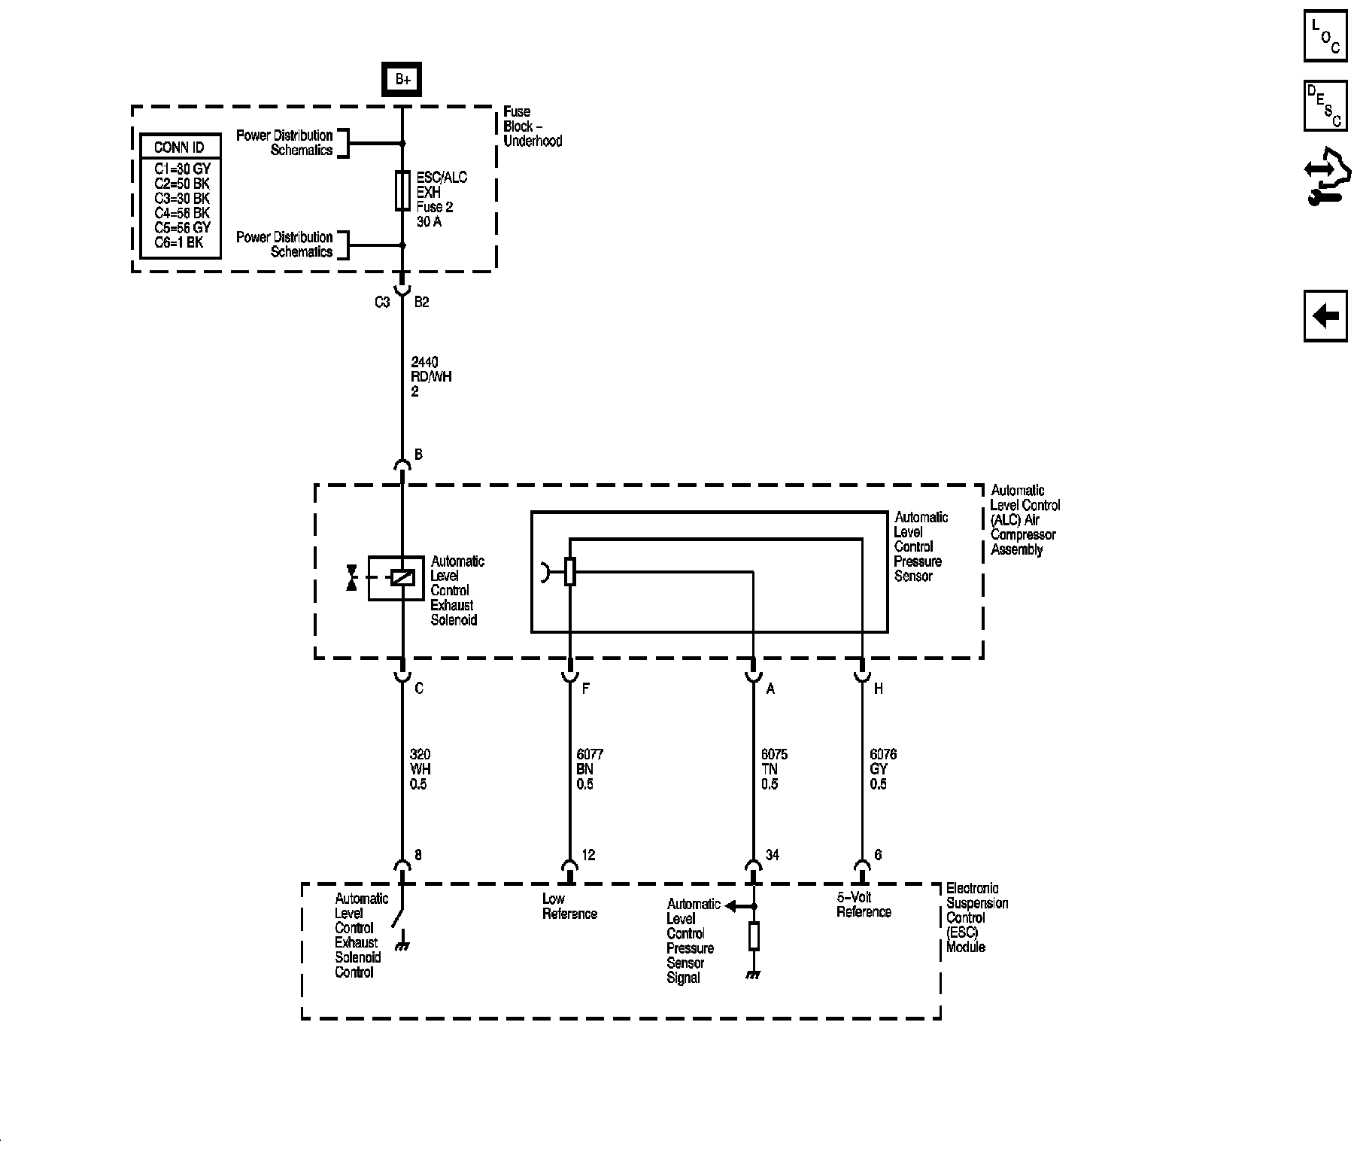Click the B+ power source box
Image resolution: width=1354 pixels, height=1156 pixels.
pyautogui.click(x=402, y=80)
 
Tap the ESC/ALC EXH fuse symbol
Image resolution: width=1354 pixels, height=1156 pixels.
pyautogui.click(x=402, y=191)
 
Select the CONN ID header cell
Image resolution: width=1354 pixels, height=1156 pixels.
pyautogui.click(x=179, y=147)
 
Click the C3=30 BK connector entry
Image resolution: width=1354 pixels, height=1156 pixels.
pyautogui.click(x=182, y=199)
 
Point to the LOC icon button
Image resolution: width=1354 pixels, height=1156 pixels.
pyautogui.click(x=1325, y=35)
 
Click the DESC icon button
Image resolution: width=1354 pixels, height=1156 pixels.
pyautogui.click(x=1325, y=106)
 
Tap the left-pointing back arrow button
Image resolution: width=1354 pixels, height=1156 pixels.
pyautogui.click(x=1325, y=316)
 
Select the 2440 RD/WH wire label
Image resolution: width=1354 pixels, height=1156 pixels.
pyautogui.click(x=431, y=377)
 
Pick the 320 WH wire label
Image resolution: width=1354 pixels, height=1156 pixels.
pyautogui.click(x=420, y=769)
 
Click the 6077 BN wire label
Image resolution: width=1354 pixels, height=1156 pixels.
pyautogui.click(x=589, y=769)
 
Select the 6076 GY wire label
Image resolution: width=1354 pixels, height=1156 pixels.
pyautogui.click(x=882, y=769)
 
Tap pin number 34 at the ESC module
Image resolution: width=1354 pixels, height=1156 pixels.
pyautogui.click(x=772, y=855)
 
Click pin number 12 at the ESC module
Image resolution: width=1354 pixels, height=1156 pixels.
pyautogui.click(x=588, y=855)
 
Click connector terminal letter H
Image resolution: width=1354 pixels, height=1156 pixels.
pyautogui.click(x=878, y=689)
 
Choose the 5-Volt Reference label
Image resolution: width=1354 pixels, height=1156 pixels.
pyautogui.click(x=864, y=905)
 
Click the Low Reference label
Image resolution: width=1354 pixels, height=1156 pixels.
pyautogui.click(x=569, y=906)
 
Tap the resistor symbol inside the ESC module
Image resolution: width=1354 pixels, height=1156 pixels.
pyautogui.click(x=754, y=936)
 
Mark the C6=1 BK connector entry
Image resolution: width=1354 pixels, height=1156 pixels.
pyautogui.click(x=179, y=242)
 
